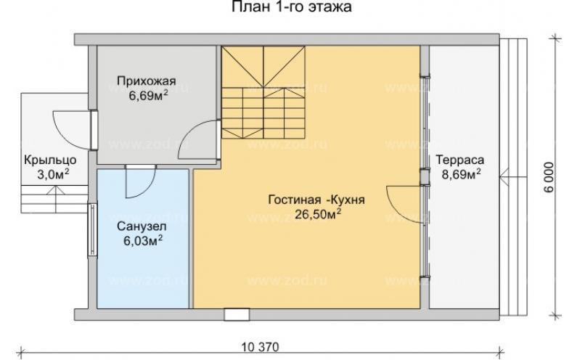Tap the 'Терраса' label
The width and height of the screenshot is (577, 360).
pyautogui.click(x=460, y=160)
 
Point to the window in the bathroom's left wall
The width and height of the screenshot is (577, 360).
pyautogui.click(x=93, y=229)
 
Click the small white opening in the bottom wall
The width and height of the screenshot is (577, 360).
pyautogui.click(x=234, y=314)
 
